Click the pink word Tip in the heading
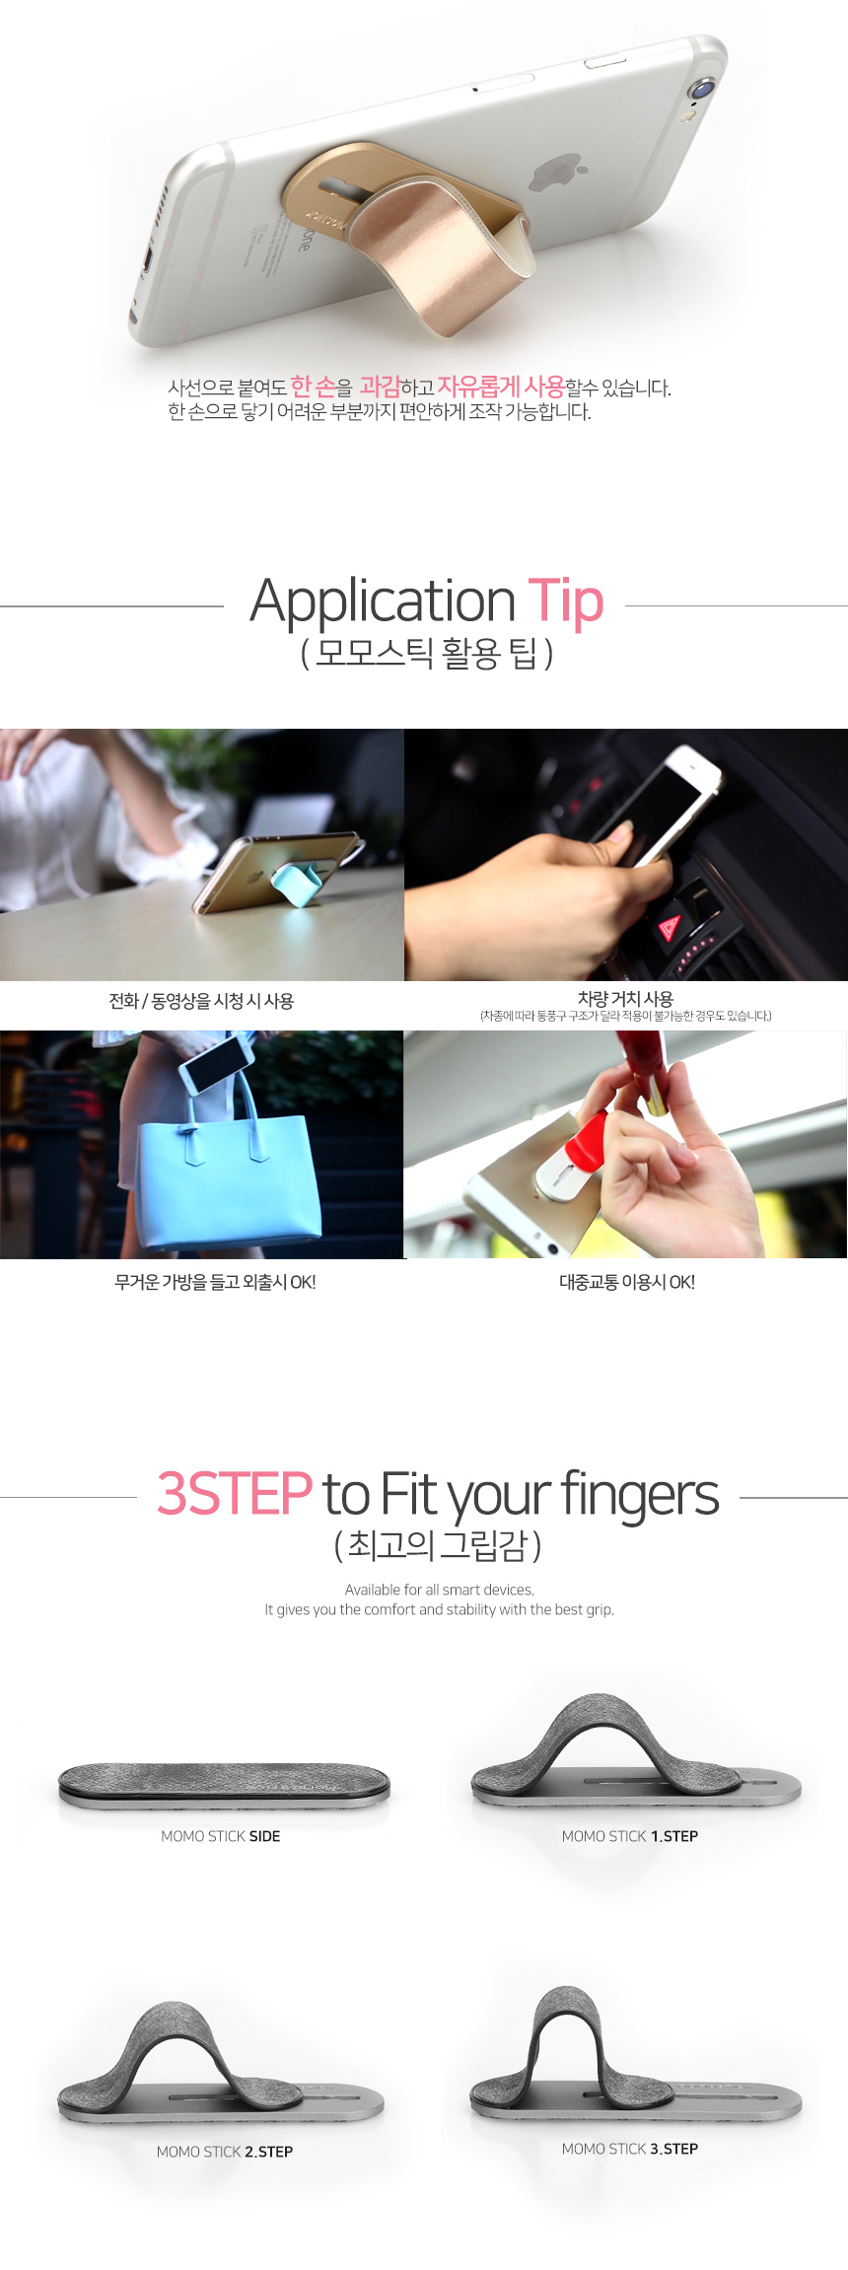click(x=565, y=601)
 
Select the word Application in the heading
click(x=383, y=602)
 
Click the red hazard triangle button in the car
click(x=669, y=927)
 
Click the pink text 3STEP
click(x=235, y=1493)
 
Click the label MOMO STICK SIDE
click(x=221, y=1836)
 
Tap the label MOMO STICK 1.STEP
click(x=630, y=1836)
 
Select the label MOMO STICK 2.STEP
click(x=225, y=2152)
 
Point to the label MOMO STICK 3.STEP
click(x=630, y=2149)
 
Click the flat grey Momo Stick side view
click(x=224, y=1786)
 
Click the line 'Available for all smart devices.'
click(x=440, y=1590)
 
